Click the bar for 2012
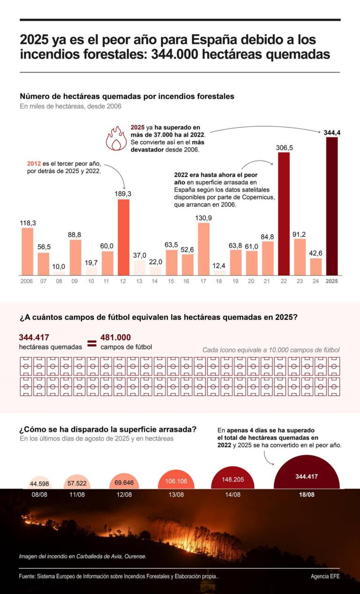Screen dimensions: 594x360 point(123,237)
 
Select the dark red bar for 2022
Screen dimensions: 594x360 point(284,214)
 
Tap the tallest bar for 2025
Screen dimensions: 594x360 point(331,206)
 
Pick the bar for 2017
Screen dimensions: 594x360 point(203,249)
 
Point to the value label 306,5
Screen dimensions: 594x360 point(284,148)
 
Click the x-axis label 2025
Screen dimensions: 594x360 point(331,281)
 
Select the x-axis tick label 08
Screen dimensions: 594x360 point(59,281)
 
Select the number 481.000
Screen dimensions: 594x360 point(115,337)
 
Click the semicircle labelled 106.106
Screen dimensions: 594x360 point(176,480)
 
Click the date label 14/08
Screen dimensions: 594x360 point(233,495)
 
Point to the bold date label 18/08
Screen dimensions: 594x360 point(307,495)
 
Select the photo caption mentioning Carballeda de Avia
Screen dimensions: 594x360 point(82,556)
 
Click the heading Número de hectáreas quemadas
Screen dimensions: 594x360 point(127,96)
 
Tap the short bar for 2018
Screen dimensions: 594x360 point(219,273)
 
